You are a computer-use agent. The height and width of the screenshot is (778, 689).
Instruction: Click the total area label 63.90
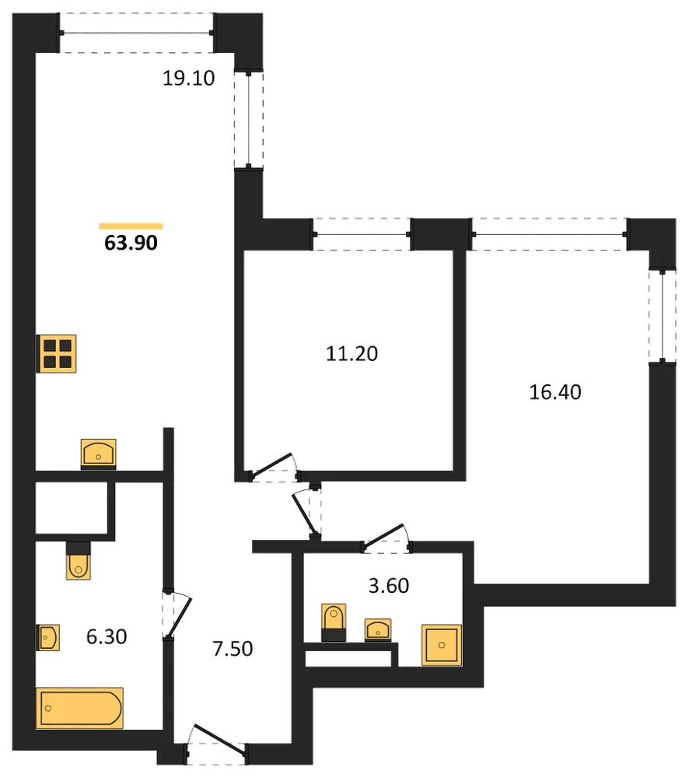(x=131, y=243)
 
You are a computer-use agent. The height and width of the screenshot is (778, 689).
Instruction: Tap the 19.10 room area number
(x=188, y=78)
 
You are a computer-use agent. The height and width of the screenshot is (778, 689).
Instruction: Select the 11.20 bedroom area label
(x=351, y=353)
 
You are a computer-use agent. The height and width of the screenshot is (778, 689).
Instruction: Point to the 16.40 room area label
(x=555, y=392)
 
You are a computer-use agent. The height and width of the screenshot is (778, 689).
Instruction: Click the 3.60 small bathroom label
(x=389, y=586)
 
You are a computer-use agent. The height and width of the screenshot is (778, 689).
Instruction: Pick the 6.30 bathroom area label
(x=107, y=636)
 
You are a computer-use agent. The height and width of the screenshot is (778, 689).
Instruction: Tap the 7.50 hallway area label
(x=233, y=649)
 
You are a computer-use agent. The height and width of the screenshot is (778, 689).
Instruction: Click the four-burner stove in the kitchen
(x=57, y=354)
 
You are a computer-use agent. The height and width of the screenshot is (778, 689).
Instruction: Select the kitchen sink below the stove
(x=98, y=454)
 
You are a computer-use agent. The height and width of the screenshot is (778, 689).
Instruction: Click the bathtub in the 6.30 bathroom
(x=79, y=708)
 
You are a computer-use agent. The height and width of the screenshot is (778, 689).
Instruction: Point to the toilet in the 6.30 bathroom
(x=79, y=561)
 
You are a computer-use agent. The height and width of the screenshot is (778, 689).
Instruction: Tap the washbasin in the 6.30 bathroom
(x=48, y=637)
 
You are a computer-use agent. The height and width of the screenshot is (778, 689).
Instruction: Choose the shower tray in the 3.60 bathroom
(x=442, y=645)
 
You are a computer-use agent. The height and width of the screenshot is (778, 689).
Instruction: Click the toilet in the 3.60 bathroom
(x=334, y=622)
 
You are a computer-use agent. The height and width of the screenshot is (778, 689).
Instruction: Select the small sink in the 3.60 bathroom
(x=378, y=630)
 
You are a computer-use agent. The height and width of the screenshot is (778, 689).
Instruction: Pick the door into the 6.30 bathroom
(x=177, y=615)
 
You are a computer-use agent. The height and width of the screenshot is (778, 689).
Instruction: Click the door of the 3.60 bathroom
(x=386, y=538)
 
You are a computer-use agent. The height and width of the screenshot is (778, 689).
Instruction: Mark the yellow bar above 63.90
(x=131, y=226)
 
